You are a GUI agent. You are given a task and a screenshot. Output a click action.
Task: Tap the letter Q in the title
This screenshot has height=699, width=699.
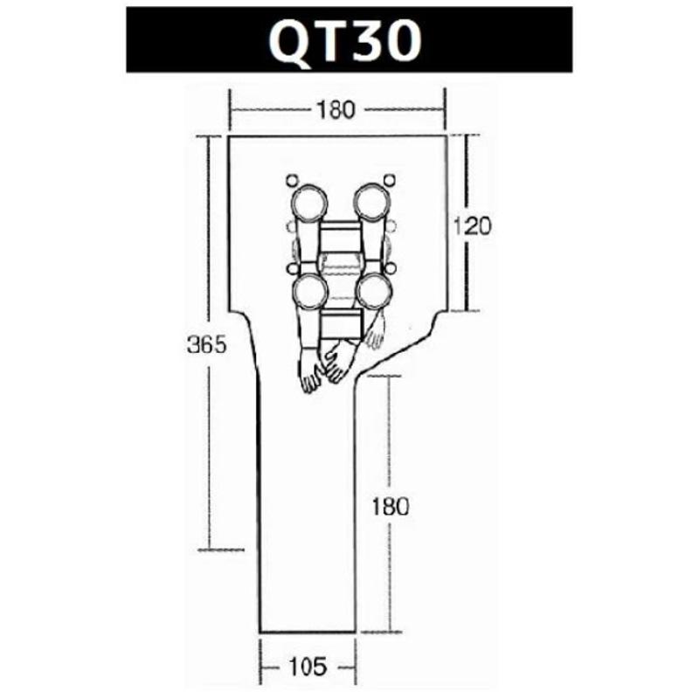[291, 41]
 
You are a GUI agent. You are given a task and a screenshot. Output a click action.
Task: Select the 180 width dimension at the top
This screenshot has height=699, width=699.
[336, 110]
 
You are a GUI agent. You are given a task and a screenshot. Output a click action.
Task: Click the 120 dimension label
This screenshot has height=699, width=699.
[473, 225]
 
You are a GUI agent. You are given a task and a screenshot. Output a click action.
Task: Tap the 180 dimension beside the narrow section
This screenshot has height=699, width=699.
[389, 506]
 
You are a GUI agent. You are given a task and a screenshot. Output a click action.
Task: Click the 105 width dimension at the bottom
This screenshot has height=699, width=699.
[307, 667]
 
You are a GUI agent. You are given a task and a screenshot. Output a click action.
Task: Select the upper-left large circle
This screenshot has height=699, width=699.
[307, 203]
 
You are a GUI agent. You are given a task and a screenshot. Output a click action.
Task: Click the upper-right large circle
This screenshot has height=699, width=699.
[372, 203]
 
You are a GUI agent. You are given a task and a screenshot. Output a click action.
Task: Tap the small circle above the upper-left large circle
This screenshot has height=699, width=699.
[291, 181]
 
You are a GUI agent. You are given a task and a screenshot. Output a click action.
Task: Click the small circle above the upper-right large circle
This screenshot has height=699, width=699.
[389, 181]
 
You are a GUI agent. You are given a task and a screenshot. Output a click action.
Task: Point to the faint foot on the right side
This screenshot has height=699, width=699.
[377, 332]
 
